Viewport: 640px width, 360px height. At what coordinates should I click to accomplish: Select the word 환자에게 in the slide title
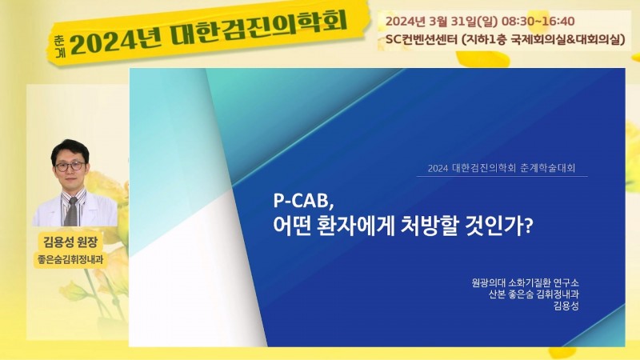354,226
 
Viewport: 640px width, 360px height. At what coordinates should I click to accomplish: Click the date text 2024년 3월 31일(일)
442,22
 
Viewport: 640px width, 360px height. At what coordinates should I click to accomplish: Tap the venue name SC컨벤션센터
422,40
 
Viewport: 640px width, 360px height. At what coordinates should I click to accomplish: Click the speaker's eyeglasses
70,166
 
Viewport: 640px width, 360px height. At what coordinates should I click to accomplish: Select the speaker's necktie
72,211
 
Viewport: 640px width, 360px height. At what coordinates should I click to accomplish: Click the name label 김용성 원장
70,242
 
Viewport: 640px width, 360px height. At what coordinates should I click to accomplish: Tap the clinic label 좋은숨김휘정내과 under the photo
70,259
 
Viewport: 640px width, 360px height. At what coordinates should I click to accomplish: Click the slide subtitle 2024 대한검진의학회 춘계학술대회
502,168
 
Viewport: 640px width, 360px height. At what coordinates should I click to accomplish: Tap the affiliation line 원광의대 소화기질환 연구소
525,282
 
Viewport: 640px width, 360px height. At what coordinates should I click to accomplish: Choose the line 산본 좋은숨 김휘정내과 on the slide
534,294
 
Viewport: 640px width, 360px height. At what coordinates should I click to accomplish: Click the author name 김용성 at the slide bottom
566,306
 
